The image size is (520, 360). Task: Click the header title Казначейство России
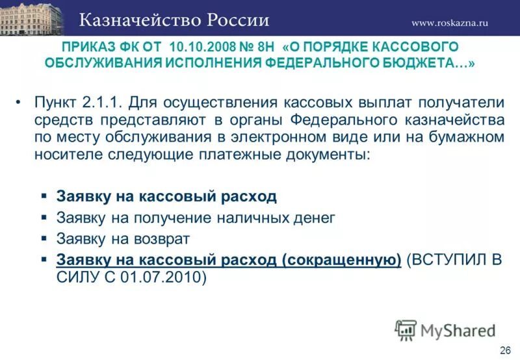click(174, 19)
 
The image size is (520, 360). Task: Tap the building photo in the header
click(32, 18)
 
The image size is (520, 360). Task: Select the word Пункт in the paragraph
click(57, 103)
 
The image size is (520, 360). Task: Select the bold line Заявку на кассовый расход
click(166, 196)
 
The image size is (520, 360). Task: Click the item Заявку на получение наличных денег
click(196, 218)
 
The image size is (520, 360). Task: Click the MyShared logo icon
click(406, 330)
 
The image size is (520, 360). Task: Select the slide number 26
click(504, 351)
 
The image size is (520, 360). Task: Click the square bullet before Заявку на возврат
click(44, 238)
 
